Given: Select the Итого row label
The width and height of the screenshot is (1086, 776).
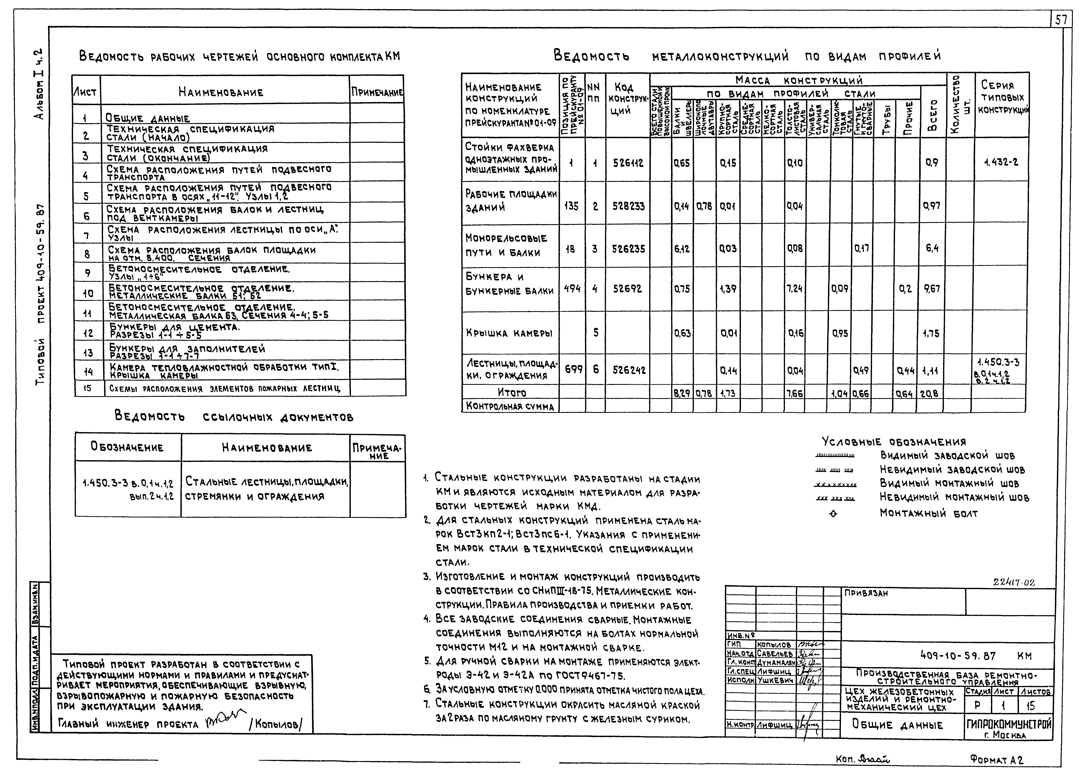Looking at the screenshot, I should coord(511,393).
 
